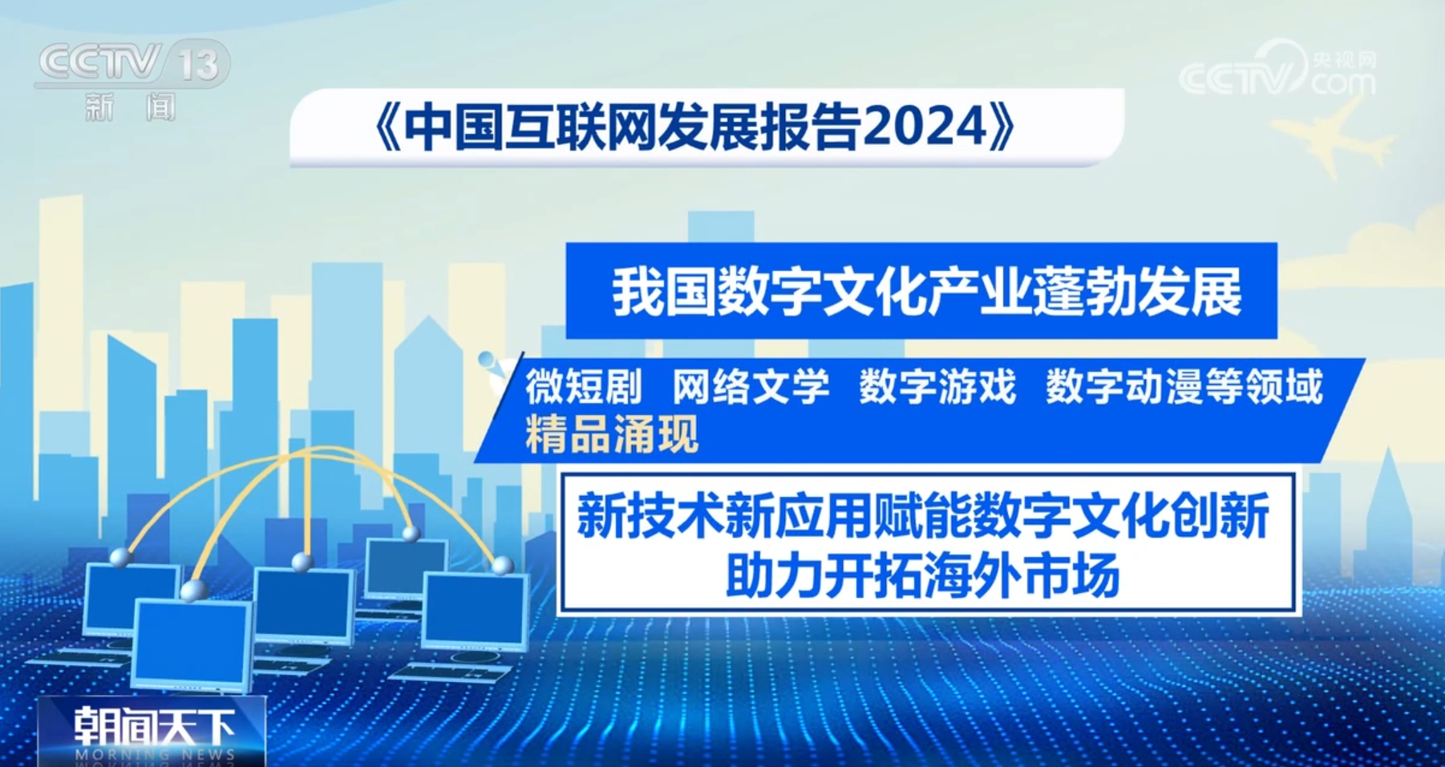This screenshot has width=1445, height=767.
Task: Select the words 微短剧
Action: point(583,387)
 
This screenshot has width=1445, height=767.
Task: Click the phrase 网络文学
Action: point(751,387)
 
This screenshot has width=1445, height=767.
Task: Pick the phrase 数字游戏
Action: point(937,387)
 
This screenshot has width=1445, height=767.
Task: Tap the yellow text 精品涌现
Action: point(612,435)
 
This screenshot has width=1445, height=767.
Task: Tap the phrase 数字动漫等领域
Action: point(1184,387)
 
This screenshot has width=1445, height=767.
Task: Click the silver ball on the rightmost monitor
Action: point(503,565)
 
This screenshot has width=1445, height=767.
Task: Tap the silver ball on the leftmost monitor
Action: point(119,558)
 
